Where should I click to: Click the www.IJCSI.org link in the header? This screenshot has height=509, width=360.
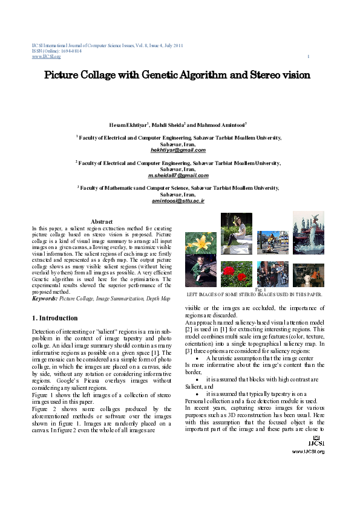pyautogui.click(x=42, y=57)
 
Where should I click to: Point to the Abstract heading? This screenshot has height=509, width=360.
pyautogui.click(x=102, y=222)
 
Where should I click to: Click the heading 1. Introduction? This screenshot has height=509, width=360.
pyautogui.click(x=54, y=318)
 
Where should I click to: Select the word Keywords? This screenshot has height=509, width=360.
pyautogui.click(x=45, y=299)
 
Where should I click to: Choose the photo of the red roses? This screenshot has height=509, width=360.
pyautogui.click(x=236, y=273)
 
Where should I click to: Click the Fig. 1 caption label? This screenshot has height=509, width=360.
pyautogui.click(x=261, y=290)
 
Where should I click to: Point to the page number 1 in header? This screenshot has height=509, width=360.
pyautogui.click(x=309, y=57)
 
